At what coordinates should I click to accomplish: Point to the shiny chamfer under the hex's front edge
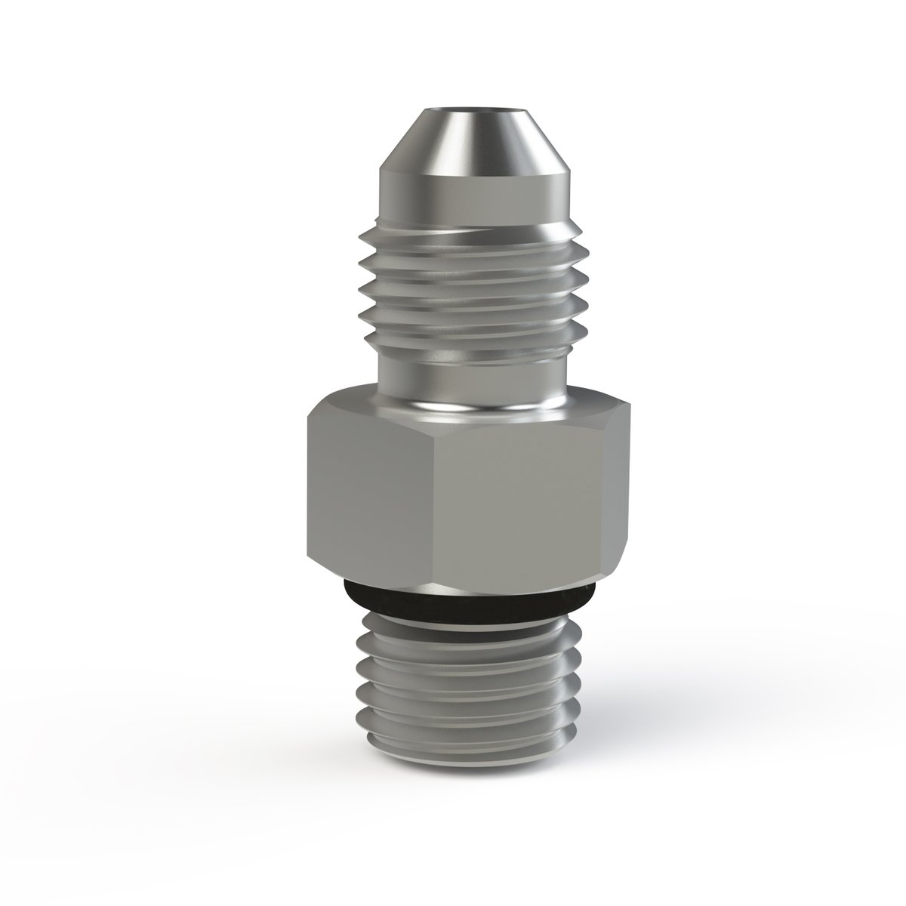(x=498, y=586)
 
